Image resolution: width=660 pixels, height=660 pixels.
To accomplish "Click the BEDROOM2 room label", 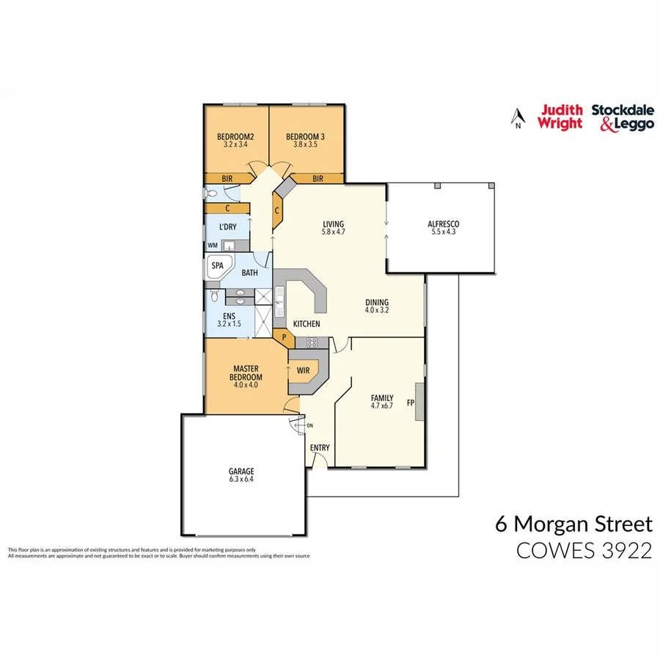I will pos(235,136).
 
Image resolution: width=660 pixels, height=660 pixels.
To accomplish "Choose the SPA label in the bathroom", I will pos(217,265).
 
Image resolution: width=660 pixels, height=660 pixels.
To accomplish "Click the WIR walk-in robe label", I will pos(304,370).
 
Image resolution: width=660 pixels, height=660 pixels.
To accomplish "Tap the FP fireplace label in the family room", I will pos(411,403).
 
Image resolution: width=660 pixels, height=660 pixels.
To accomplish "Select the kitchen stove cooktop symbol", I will pos(312,342).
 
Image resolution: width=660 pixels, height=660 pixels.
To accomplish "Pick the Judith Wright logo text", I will pos(560,117).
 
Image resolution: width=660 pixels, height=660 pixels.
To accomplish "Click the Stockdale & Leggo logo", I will pos(622,117).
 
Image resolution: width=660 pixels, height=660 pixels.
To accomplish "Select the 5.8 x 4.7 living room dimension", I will pos(333,233).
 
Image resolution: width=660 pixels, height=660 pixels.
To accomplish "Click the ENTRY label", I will pos(320,448).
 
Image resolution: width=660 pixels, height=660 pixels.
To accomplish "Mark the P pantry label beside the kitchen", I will pos(285,337).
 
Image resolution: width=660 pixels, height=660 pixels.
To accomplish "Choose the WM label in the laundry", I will pos(213,245).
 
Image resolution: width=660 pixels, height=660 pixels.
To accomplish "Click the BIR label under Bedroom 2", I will pos(228,178).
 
